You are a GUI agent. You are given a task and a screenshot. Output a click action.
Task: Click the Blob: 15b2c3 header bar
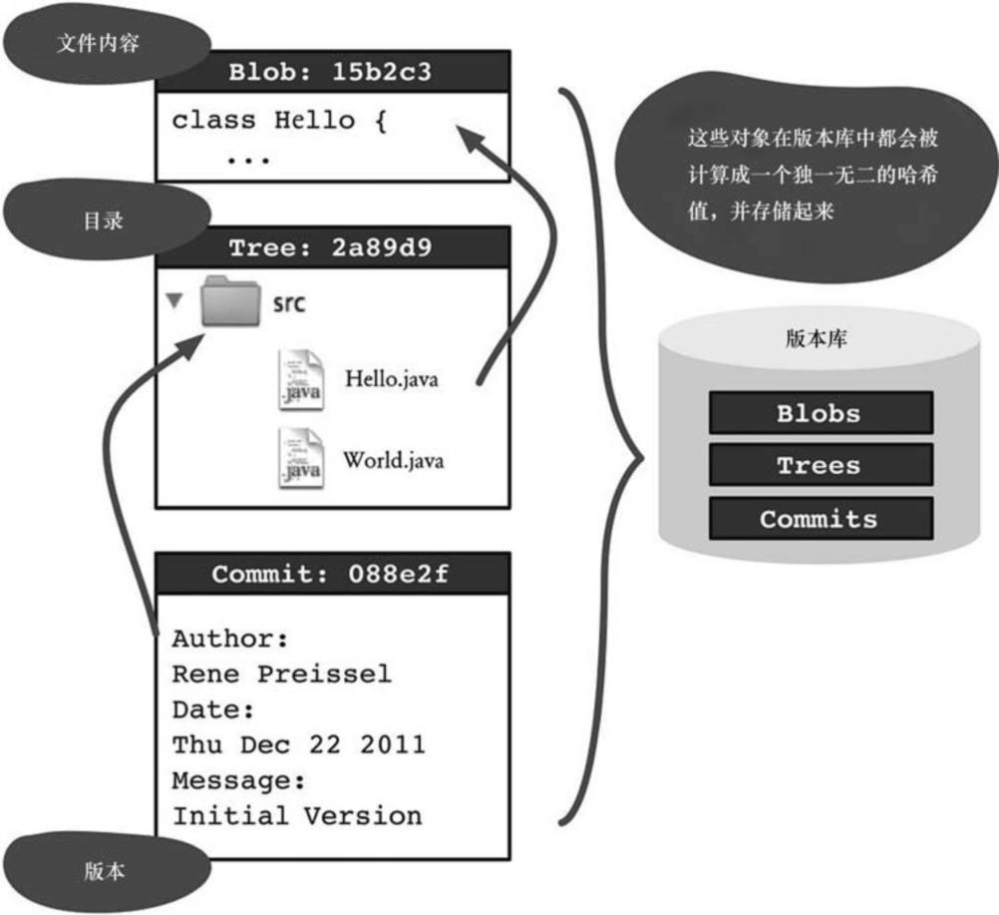pyautogui.click(x=331, y=72)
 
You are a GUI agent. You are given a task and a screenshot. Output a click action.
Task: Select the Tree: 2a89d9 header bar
pyautogui.click(x=331, y=247)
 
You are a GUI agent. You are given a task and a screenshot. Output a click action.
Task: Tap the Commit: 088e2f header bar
pyautogui.click(x=331, y=575)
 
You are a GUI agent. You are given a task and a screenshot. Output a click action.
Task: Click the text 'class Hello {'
pyautogui.click(x=277, y=121)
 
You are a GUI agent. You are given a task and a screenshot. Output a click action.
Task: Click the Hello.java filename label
pyautogui.click(x=392, y=379)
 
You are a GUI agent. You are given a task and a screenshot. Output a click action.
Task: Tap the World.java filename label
pyautogui.click(x=394, y=461)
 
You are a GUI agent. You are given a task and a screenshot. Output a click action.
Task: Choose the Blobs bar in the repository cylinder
pyautogui.click(x=820, y=413)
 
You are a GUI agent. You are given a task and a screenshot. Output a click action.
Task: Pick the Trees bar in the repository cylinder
pyautogui.click(x=820, y=466)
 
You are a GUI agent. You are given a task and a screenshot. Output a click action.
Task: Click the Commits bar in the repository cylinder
pyautogui.click(x=820, y=519)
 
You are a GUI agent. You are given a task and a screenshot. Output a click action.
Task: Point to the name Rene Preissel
pyautogui.click(x=282, y=674)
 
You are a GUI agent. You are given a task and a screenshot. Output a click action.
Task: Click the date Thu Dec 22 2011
pyautogui.click(x=299, y=744)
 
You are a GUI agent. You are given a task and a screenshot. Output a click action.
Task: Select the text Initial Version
pyautogui.click(x=297, y=816)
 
